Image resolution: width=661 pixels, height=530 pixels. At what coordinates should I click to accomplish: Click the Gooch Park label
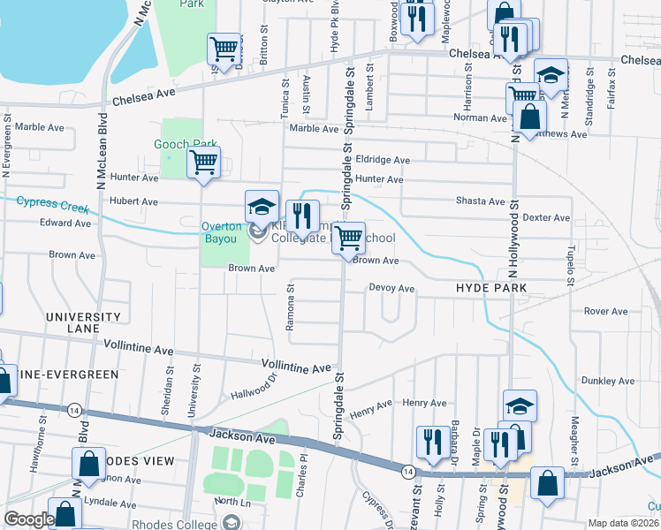(186, 144)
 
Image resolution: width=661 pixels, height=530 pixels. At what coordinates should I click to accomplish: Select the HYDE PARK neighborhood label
(491, 289)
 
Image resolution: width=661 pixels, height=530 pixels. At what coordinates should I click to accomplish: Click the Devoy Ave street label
(391, 288)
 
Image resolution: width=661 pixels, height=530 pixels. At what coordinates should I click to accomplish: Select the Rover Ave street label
(605, 311)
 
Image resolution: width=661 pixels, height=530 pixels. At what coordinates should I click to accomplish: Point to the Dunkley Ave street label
(608, 382)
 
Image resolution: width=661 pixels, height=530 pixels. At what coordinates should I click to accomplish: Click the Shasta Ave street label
(480, 201)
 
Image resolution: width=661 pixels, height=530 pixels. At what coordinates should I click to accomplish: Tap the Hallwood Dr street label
(254, 388)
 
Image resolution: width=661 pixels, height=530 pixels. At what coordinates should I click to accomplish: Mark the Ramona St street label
(290, 308)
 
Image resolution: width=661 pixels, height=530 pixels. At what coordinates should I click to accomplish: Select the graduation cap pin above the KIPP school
(262, 207)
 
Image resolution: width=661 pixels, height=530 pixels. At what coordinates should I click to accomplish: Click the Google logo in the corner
(29, 520)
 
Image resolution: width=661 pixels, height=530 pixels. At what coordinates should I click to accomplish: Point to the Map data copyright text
(624, 523)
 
